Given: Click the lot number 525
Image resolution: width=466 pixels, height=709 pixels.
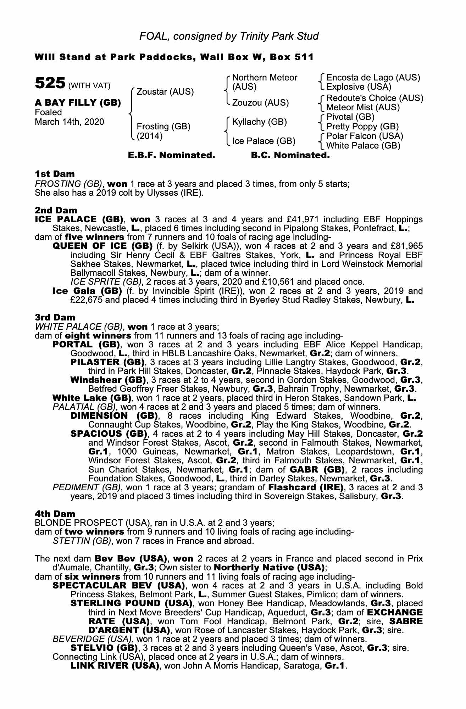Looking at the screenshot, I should [49, 84].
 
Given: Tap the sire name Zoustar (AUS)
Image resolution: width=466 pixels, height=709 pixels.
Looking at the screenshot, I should [165, 92].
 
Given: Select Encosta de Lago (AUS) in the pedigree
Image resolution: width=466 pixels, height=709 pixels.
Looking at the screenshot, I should [373, 78].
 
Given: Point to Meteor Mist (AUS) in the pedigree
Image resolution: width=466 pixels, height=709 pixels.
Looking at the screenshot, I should [363, 107].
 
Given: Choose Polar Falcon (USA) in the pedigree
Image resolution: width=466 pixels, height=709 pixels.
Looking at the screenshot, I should [365, 136].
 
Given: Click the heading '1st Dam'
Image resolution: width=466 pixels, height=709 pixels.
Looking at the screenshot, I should [55, 174].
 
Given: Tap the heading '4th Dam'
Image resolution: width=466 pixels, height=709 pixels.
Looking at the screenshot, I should [55, 513].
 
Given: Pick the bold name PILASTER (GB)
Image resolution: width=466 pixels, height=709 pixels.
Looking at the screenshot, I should [108, 362].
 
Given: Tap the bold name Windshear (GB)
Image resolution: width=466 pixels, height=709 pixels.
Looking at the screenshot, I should [109, 380].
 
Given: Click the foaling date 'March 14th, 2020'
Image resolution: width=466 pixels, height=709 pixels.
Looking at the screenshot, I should [70, 122].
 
